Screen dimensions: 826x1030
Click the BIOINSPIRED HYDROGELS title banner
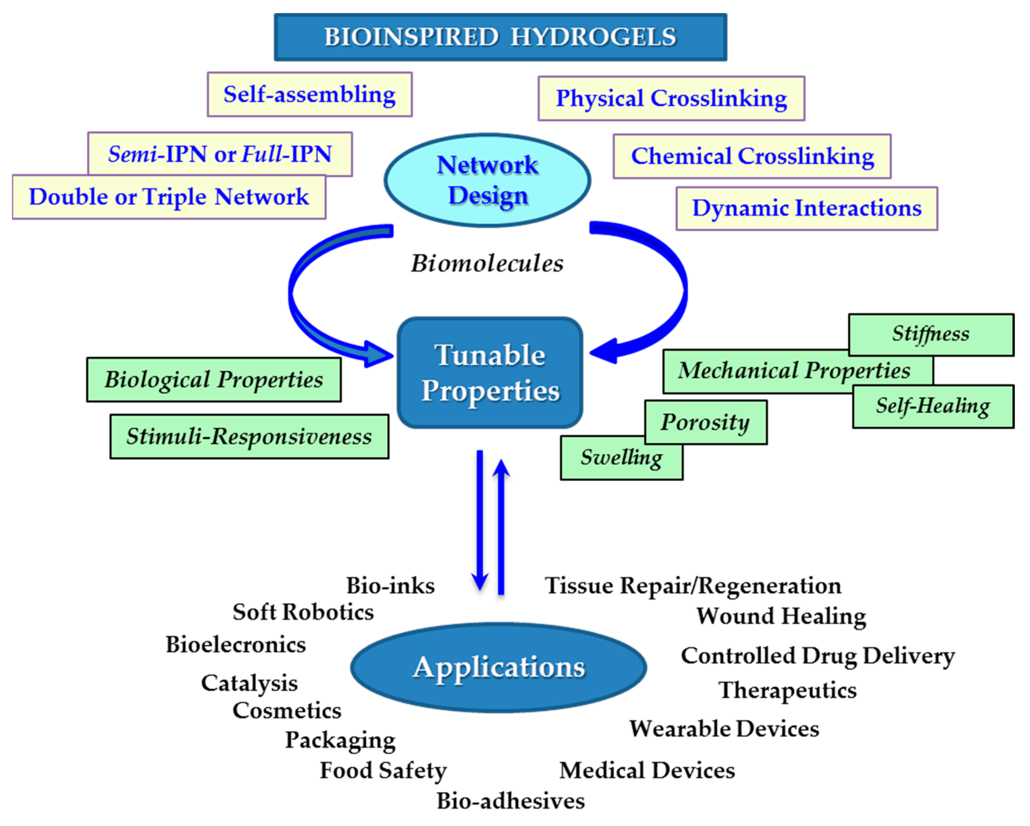click(x=500, y=37)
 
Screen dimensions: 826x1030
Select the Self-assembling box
click(x=309, y=94)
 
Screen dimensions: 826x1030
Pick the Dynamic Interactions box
click(x=806, y=208)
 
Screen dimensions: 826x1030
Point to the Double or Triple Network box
click(x=169, y=197)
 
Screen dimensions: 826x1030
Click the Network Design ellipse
click(x=487, y=180)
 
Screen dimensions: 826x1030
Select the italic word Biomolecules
click(x=487, y=263)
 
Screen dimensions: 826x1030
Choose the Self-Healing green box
click(x=933, y=406)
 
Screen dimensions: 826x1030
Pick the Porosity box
click(x=705, y=422)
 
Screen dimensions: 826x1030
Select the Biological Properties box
click(x=214, y=380)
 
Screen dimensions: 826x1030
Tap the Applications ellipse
click(x=499, y=667)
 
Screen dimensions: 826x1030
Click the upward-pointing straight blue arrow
click(x=501, y=526)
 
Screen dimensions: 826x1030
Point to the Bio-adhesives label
click(x=510, y=801)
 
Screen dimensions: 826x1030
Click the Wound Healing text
click(x=781, y=616)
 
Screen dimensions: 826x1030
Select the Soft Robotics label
click(x=303, y=612)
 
